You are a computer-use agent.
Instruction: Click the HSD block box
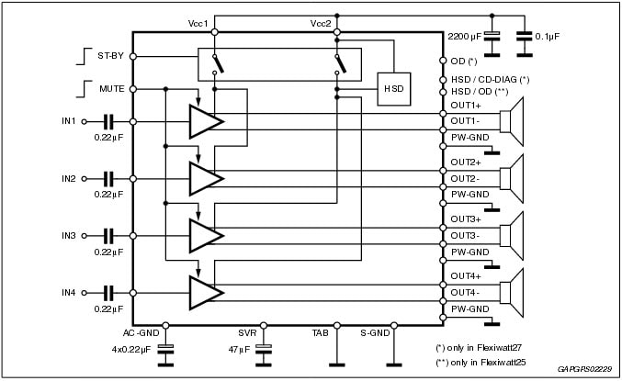[393, 88]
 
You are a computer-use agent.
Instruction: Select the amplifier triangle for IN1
[205, 121]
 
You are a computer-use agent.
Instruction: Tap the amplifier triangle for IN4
[205, 292]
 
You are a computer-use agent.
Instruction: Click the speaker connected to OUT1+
[508, 121]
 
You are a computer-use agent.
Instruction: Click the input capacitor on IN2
[108, 178]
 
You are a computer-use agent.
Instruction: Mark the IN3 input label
[69, 235]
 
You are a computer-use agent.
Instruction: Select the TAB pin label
[321, 333]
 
